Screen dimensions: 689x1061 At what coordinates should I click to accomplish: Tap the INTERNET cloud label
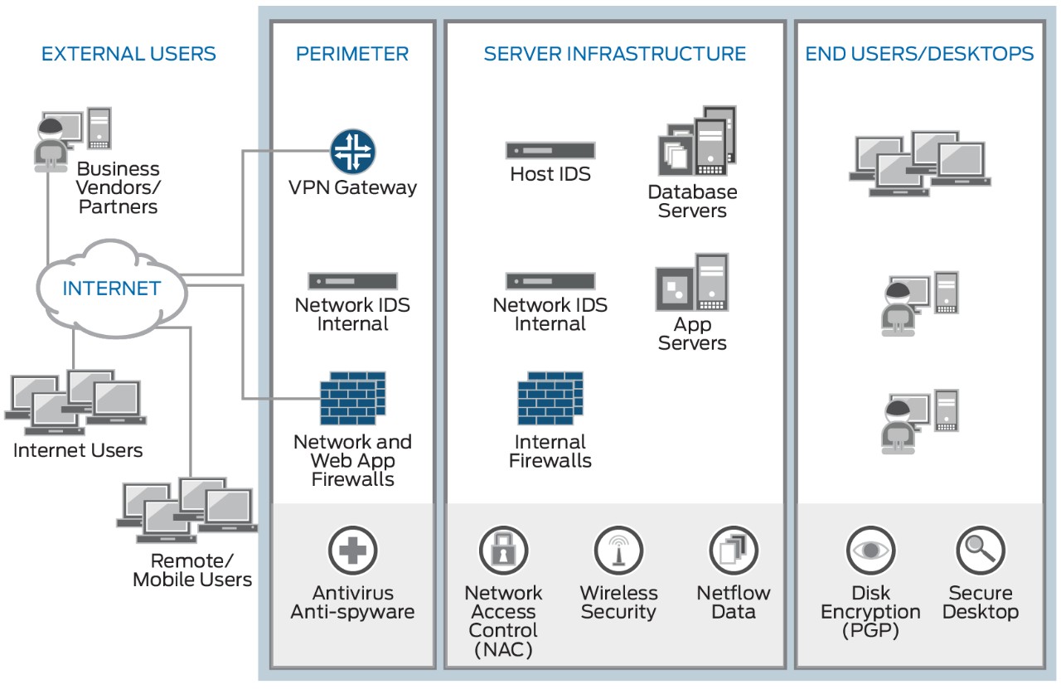pyautogui.click(x=112, y=289)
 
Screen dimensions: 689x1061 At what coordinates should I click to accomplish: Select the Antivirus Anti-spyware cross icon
pyautogui.click(x=353, y=550)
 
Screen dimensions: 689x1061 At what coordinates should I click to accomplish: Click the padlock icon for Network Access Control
pyautogui.click(x=503, y=550)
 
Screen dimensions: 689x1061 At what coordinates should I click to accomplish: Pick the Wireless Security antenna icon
pyautogui.click(x=618, y=550)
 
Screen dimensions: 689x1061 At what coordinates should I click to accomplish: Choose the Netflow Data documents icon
pyautogui.click(x=734, y=550)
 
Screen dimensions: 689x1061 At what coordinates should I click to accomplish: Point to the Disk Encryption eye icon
pyautogui.click(x=870, y=550)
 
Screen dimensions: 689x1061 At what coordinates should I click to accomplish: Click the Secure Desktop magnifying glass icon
pyautogui.click(x=981, y=550)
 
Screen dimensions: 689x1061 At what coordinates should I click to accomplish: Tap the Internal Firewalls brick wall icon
pyautogui.click(x=550, y=399)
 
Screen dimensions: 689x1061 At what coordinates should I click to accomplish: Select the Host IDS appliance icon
pyautogui.click(x=550, y=151)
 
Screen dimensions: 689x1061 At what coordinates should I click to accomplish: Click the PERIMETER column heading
pyautogui.click(x=352, y=55)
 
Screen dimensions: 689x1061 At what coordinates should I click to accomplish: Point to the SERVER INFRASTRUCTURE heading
pyautogui.click(x=615, y=55)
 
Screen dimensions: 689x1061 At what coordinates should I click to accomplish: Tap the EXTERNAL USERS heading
pyautogui.click(x=128, y=55)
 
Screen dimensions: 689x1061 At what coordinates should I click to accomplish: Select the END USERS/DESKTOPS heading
pyautogui.click(x=919, y=55)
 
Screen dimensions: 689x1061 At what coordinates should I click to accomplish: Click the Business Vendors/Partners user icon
pyautogui.click(x=72, y=139)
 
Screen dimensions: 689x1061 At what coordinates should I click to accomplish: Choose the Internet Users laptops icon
pyautogui.click(x=75, y=403)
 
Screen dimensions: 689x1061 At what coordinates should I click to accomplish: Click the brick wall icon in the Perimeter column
pyautogui.click(x=353, y=399)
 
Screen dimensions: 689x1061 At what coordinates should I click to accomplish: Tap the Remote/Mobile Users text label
pyautogui.click(x=192, y=570)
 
